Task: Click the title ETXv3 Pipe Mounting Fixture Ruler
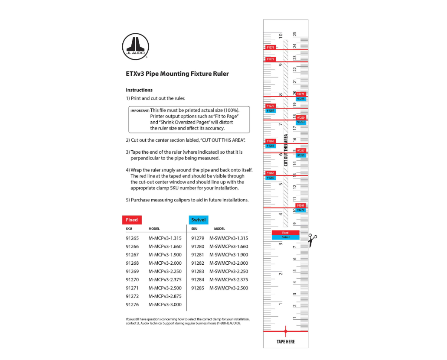click(177, 74)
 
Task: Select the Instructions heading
click(139, 90)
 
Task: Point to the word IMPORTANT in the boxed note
click(140, 111)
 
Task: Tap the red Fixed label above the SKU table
click(132, 220)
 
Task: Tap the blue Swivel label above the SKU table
click(198, 220)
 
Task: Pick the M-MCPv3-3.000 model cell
click(165, 305)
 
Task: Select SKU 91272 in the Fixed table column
click(132, 296)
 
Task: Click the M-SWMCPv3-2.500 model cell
click(228, 288)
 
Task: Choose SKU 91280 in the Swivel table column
click(197, 246)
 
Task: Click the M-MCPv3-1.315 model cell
click(165, 238)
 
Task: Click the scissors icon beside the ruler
click(313, 240)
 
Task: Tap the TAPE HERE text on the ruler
click(285, 342)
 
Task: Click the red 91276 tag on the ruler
click(270, 47)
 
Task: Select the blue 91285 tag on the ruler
click(301, 99)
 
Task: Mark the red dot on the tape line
click(285, 331)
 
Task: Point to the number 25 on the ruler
click(295, 34)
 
